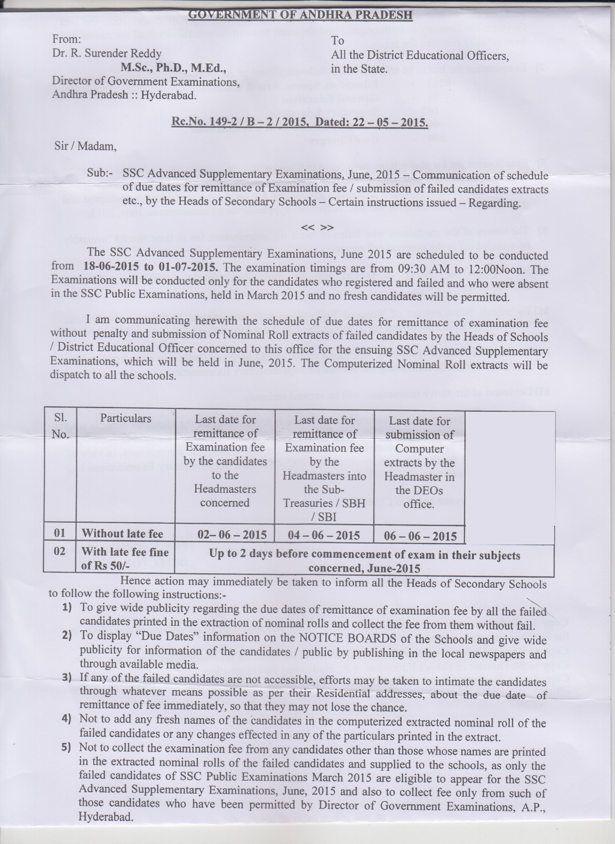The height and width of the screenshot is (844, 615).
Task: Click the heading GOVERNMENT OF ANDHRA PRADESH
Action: click(x=301, y=15)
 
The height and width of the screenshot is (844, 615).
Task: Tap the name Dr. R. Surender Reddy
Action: click(x=107, y=53)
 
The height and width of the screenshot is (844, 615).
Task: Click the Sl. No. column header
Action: click(x=60, y=425)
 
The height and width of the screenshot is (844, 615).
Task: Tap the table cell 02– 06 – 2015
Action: click(x=232, y=535)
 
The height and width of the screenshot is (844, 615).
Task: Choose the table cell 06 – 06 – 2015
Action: click(x=420, y=536)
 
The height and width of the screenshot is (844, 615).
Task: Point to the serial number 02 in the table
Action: click(x=60, y=551)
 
